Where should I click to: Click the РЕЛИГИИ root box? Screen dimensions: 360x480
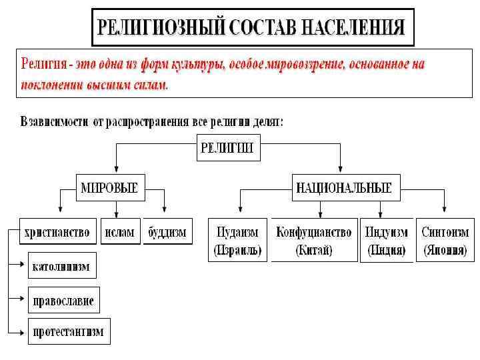(x=227, y=148)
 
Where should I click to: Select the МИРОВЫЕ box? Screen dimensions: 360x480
(x=109, y=188)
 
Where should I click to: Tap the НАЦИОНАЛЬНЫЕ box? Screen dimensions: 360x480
(x=343, y=188)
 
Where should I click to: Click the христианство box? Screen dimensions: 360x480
(x=57, y=233)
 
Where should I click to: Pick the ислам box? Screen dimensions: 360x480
(x=119, y=233)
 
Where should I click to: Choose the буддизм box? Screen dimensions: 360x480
(x=167, y=233)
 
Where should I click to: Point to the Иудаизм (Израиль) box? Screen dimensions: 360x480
(x=238, y=241)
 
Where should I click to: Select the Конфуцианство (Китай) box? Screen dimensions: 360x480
(x=313, y=241)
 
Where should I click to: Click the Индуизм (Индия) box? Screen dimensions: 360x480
(x=386, y=241)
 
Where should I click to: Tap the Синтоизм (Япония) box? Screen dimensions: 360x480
(x=445, y=241)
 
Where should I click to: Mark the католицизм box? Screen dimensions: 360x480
(x=61, y=265)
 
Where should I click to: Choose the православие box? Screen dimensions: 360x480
(x=63, y=300)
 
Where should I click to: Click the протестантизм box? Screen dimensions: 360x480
(x=69, y=332)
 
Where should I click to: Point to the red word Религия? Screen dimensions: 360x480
(x=44, y=65)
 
